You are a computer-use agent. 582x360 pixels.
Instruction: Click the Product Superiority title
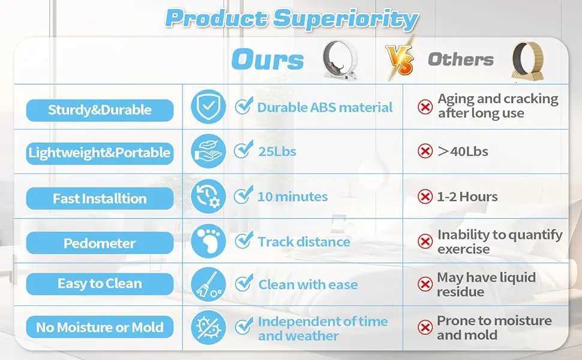pos(291,18)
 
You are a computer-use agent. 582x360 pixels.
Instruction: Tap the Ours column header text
pos(268,60)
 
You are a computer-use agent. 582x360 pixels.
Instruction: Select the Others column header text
pos(460,59)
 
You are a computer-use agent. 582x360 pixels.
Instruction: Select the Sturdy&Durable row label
pos(100,110)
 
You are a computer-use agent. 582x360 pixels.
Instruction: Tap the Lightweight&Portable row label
pos(100,153)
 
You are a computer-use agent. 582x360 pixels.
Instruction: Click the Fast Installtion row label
pos(100,199)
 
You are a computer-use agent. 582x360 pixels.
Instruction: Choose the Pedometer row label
pos(100,244)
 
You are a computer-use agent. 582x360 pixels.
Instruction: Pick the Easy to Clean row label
pos(100,284)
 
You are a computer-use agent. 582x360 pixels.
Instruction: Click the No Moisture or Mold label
pos(100,328)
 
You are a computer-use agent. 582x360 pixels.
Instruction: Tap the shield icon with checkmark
pos(208,107)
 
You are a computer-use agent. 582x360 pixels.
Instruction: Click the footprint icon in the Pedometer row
pos(208,241)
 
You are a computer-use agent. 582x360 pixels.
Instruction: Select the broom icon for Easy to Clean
pos(208,284)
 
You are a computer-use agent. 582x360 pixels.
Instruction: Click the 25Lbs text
pos(277,151)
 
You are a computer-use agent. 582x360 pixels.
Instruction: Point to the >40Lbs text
pos(463,151)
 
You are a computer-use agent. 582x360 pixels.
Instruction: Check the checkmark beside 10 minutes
pos(243,196)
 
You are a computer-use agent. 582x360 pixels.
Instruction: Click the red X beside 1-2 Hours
pos(425,196)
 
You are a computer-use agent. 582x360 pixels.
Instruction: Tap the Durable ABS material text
pos(325,107)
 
